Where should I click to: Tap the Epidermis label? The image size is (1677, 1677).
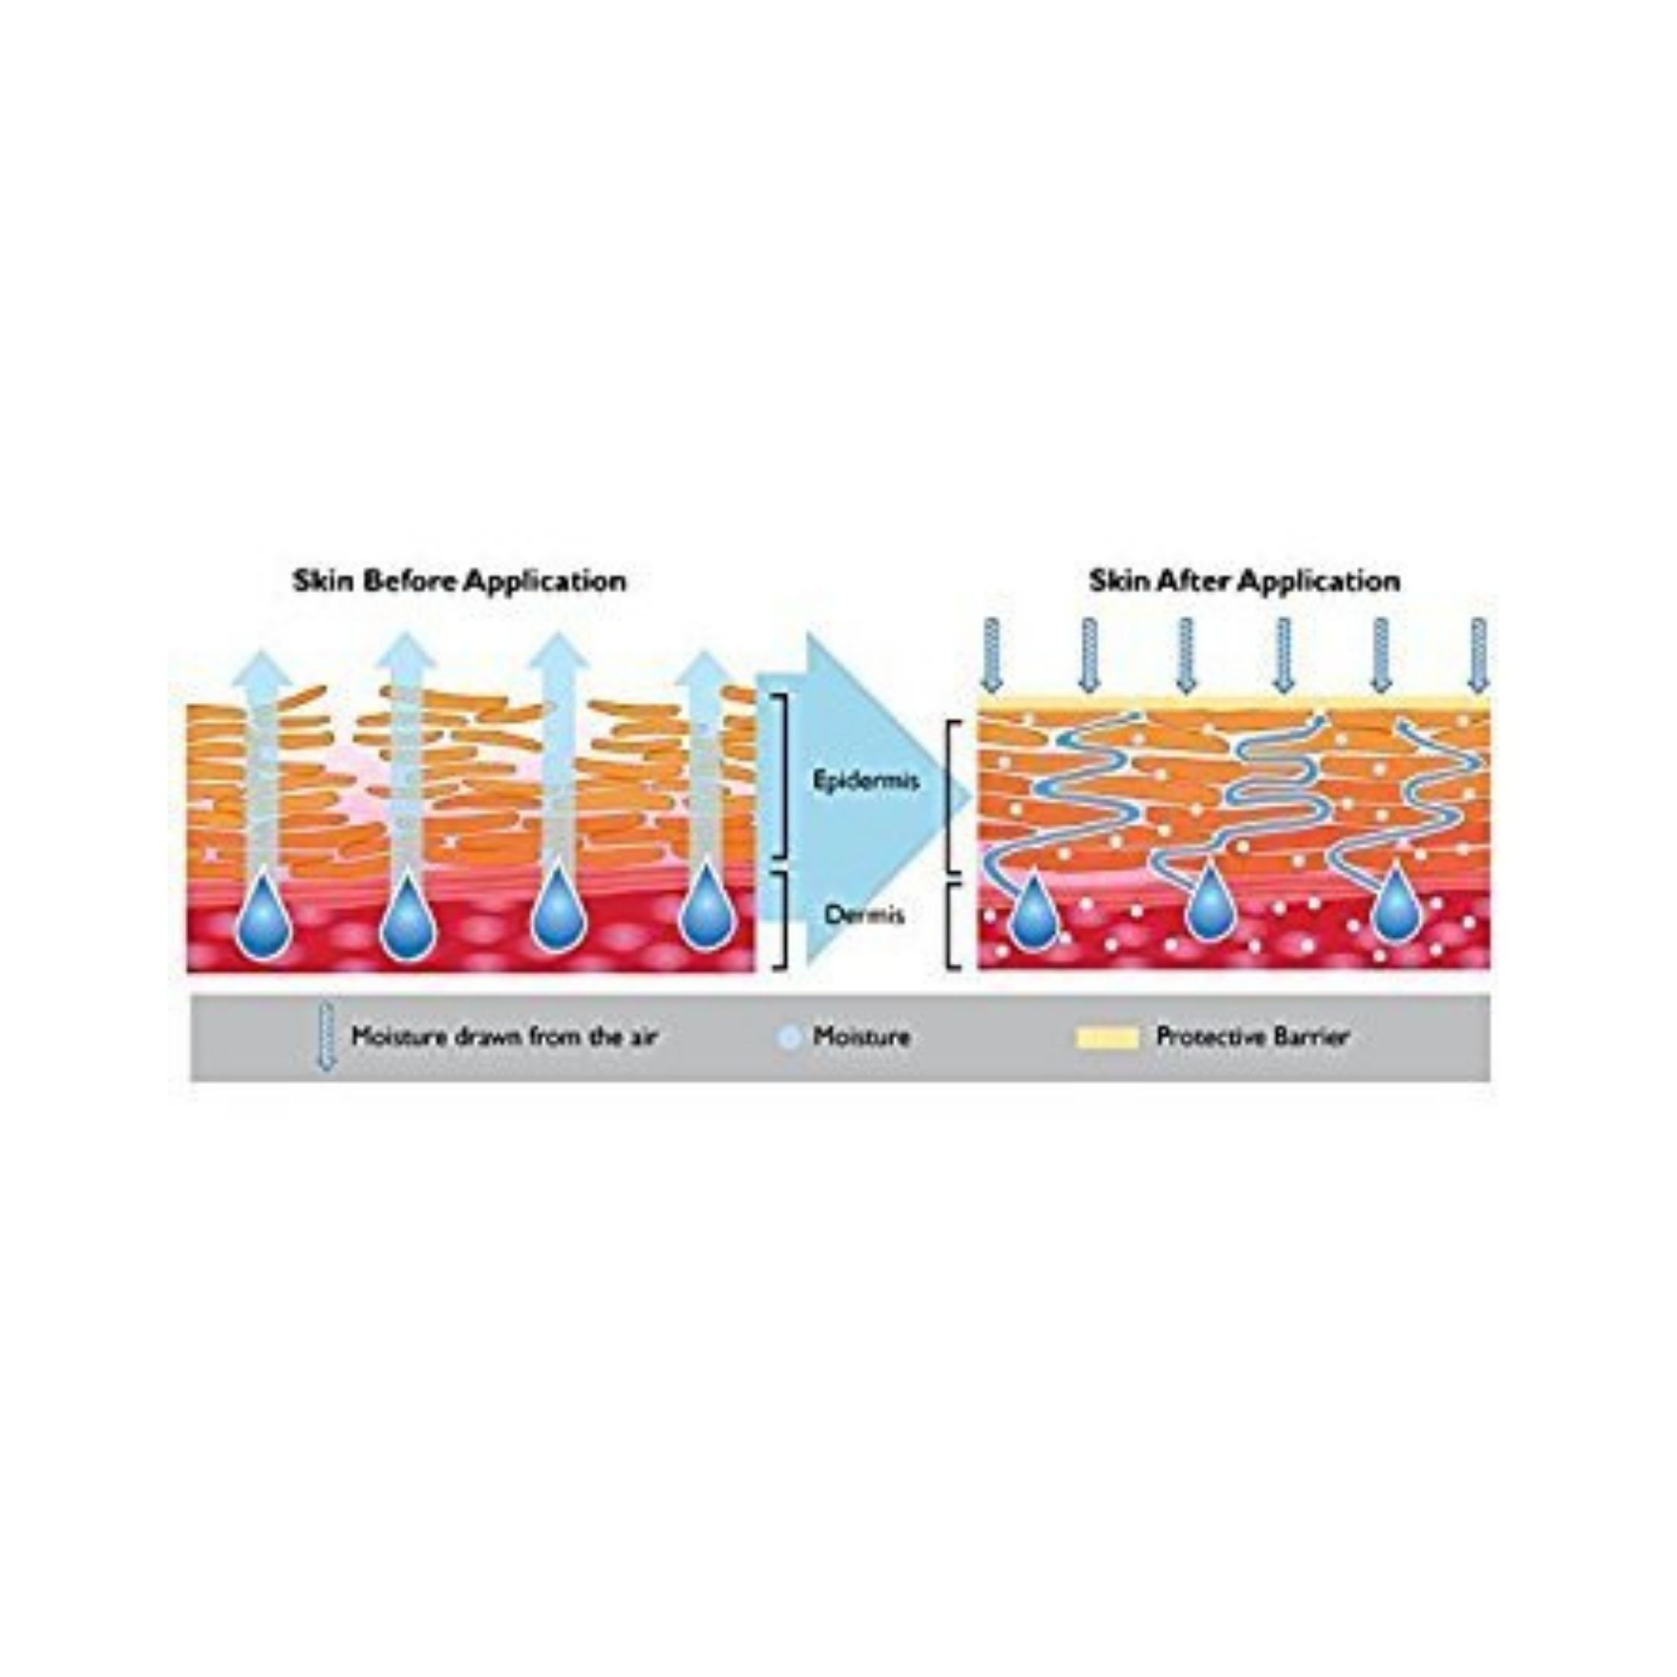tap(865, 781)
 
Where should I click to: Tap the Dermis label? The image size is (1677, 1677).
tap(864, 914)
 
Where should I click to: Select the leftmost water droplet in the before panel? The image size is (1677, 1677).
tap(264, 921)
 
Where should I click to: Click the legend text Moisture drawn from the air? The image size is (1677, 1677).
tap(505, 1037)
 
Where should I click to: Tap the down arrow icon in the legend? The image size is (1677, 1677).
tap(325, 1037)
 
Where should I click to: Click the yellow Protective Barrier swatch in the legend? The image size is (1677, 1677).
tap(1106, 1037)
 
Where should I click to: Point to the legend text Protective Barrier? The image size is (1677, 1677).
tap(1252, 1037)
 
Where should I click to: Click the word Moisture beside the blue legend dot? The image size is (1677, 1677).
tap(861, 1037)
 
